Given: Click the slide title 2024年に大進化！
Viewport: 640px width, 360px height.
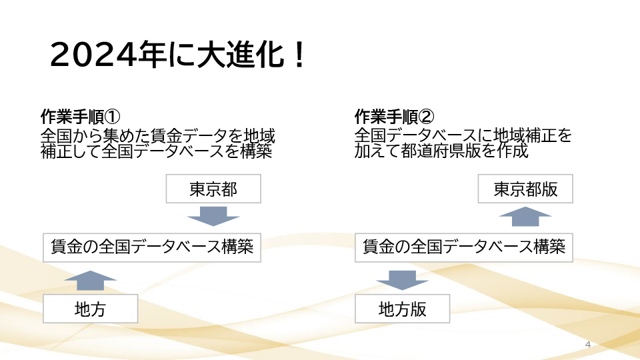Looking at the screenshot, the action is (x=177, y=54).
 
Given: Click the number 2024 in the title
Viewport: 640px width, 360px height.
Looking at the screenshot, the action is (x=93, y=55).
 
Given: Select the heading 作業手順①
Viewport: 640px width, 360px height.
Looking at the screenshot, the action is (x=81, y=117).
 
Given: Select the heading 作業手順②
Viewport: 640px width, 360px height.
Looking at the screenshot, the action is (x=394, y=117).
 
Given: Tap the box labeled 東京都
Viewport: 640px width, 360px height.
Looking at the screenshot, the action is (x=213, y=189).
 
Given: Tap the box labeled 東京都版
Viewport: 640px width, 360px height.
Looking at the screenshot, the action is (x=525, y=189).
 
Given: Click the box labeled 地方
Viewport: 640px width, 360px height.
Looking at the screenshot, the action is (x=90, y=309).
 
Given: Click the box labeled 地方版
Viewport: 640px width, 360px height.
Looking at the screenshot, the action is (x=403, y=309).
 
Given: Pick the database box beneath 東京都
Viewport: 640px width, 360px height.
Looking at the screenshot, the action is (x=152, y=247).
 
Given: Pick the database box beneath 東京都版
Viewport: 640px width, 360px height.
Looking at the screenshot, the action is (x=464, y=247).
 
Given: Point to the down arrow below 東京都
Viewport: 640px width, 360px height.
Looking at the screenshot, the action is (x=213, y=216).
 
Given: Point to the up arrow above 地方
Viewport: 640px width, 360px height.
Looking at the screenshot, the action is (x=90, y=281).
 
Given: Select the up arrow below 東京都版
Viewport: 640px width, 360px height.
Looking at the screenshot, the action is (x=525, y=216).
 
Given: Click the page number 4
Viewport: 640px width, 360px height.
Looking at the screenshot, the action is (x=588, y=345).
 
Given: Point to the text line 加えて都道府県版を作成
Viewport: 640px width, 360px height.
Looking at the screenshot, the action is (x=441, y=151).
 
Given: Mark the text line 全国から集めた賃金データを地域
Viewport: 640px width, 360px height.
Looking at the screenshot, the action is (x=158, y=135).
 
